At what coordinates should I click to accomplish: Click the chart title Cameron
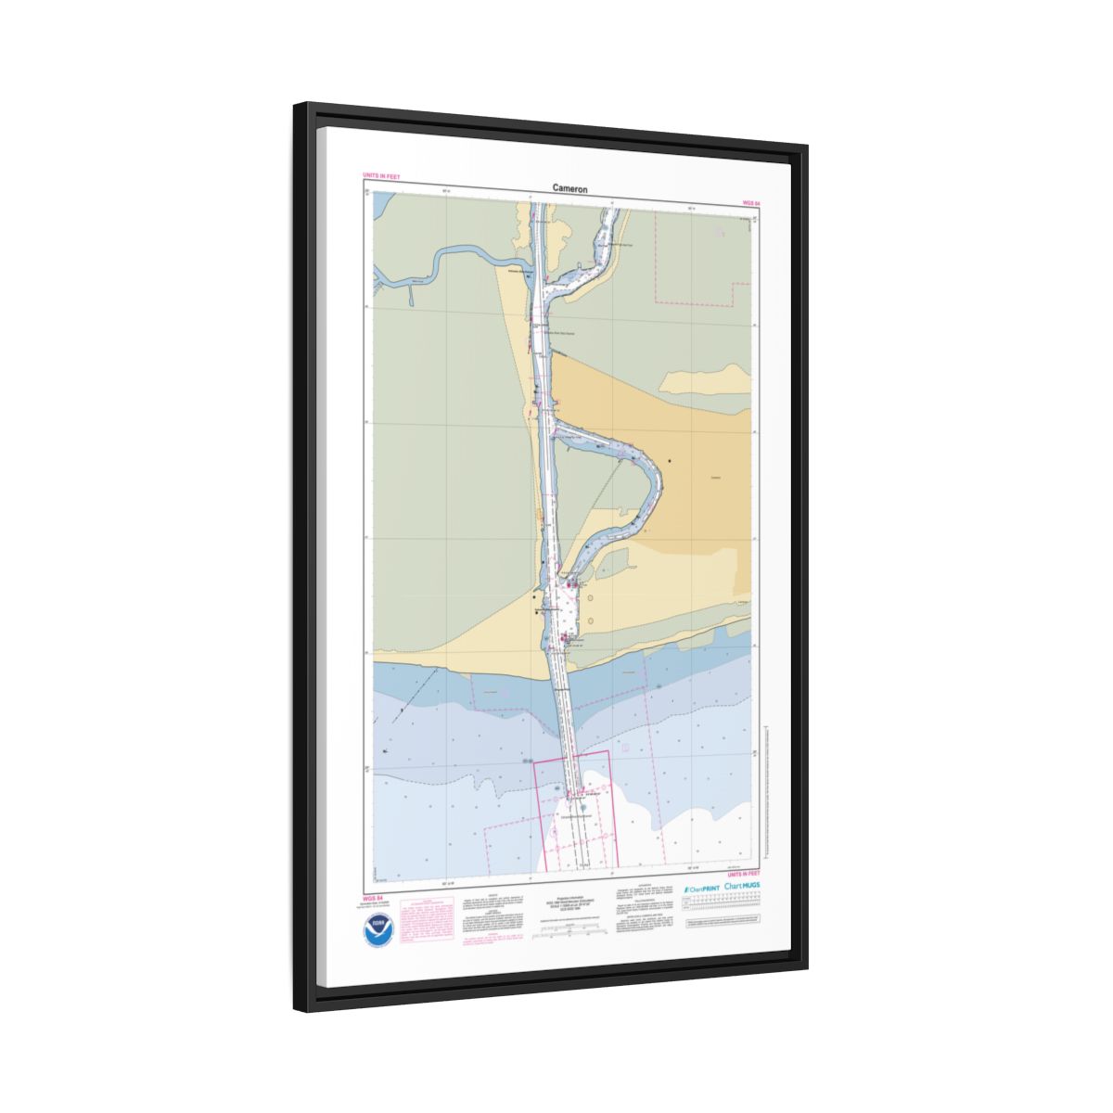(569, 188)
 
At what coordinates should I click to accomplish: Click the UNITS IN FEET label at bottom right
(744, 874)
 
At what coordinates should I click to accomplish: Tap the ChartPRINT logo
(701, 889)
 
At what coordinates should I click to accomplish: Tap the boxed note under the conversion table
(723, 925)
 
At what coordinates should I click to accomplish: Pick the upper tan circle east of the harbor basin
(590, 598)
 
